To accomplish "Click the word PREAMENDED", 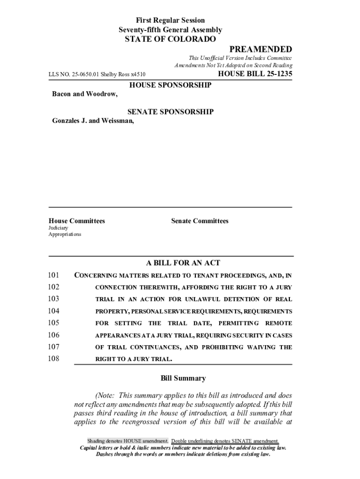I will tap(260, 50).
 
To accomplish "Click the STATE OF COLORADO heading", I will tap(170, 39).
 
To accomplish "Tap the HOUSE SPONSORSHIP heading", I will tap(170, 85).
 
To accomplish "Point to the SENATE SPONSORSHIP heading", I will tap(170, 112).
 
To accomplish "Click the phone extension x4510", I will tap(138, 74).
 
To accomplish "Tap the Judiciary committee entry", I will tap(58, 228).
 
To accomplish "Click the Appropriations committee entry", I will tap(65, 234).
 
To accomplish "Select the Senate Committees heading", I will tap(200, 221).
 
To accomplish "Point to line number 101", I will tap(54, 275).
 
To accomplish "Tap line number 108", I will tap(54, 359).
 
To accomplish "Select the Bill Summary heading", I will tap(183, 378).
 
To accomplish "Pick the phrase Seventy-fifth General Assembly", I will tap(170, 30).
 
